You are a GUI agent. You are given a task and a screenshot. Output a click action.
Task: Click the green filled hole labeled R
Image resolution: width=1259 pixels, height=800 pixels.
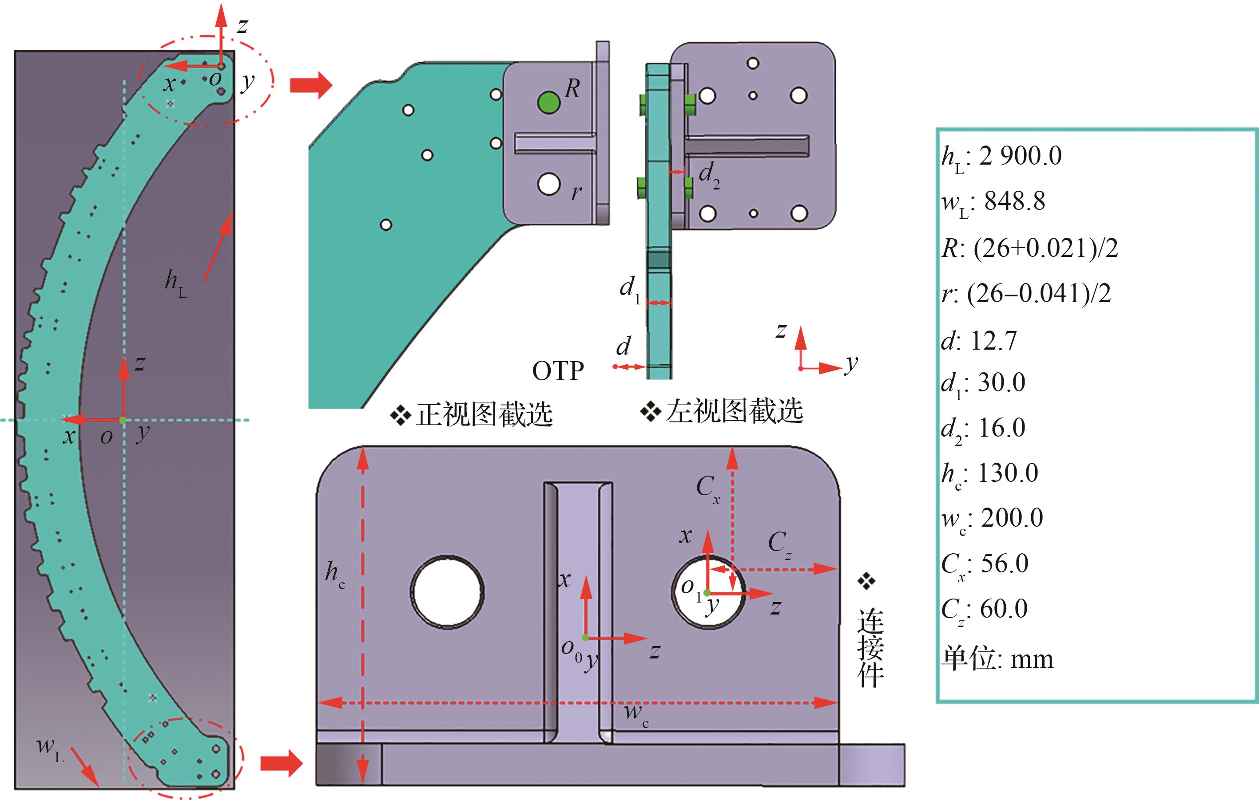548,102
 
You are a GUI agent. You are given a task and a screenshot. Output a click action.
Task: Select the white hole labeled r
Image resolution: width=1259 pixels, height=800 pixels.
548,184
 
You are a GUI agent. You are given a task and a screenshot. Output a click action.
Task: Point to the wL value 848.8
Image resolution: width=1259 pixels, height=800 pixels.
1014,201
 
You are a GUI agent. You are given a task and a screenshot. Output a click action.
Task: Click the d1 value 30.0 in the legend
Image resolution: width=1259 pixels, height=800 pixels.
1001,382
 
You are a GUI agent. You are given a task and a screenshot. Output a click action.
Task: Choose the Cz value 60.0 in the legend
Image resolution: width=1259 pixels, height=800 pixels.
1003,609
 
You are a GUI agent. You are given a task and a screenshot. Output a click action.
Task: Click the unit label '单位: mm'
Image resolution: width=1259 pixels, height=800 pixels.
997,659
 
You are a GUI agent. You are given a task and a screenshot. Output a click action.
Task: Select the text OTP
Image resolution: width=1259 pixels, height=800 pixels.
558,371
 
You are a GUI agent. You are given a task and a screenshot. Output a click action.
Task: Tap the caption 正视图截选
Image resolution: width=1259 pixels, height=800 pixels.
484,414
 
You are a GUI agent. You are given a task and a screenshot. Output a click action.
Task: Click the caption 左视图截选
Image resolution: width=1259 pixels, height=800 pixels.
734,411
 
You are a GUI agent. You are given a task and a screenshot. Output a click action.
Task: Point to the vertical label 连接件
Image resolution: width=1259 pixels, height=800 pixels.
870,648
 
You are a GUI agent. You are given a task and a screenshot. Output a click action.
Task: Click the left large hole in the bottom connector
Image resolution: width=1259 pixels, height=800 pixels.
447,592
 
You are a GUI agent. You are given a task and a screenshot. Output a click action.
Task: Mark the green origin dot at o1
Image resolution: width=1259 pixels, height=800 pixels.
707,592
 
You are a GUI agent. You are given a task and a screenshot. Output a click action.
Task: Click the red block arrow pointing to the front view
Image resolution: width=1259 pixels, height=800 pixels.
310,85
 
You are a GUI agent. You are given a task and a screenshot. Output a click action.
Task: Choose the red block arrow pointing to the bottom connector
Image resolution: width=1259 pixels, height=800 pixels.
281,764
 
